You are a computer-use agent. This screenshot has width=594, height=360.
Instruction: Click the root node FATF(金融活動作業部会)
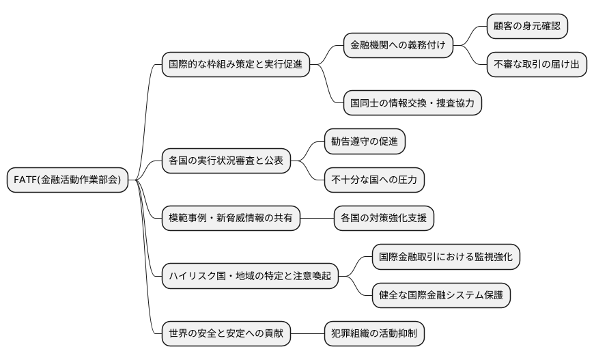(67, 180)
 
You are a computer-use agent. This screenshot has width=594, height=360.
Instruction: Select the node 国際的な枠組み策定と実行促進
(234, 66)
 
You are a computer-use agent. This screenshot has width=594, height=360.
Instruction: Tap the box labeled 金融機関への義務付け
(397, 46)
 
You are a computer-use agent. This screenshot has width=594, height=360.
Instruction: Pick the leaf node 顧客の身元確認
(526, 27)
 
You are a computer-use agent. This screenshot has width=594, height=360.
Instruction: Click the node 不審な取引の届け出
(536, 66)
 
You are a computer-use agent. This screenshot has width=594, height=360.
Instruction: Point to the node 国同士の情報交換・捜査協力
(412, 104)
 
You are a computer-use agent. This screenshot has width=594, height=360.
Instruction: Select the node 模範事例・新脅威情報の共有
(230, 219)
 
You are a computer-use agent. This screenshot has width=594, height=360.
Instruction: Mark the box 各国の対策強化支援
(383, 219)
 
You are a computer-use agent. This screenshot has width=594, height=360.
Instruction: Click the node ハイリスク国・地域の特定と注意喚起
(249, 276)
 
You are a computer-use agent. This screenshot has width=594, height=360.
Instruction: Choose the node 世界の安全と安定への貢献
(225, 333)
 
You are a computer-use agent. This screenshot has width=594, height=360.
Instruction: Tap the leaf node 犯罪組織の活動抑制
(373, 333)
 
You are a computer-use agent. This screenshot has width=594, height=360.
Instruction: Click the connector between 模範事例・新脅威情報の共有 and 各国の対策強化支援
(316, 219)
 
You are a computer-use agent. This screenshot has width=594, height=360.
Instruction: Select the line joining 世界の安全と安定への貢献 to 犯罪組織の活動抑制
(307, 333)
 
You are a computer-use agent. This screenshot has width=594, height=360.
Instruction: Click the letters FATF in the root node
(25, 180)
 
